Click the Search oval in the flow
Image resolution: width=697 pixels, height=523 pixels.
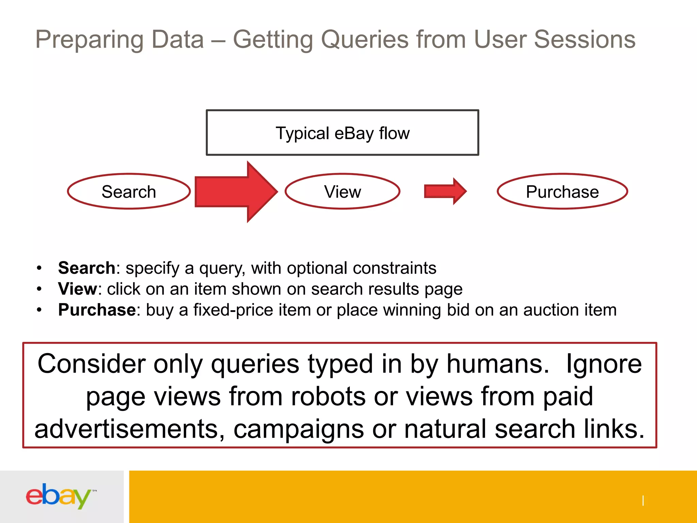tap(129, 191)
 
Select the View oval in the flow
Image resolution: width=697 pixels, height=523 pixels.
tap(342, 191)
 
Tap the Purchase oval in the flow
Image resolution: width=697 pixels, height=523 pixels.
tap(562, 191)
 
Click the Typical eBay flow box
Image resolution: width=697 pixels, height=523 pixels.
tap(342, 133)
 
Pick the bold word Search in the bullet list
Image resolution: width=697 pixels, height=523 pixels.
tap(87, 268)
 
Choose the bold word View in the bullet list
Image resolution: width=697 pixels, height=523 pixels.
tap(78, 289)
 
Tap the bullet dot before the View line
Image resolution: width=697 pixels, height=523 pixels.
tap(39, 289)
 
